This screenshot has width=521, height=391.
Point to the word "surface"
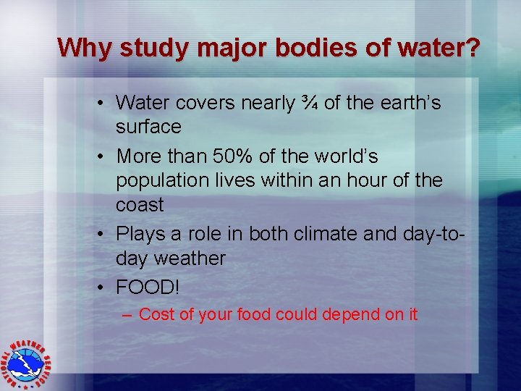point(148,127)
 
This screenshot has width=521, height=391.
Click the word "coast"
point(140,205)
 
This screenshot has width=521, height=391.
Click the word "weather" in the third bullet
point(192,258)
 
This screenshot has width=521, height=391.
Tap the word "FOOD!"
point(147,287)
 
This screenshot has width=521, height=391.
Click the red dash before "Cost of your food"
point(127,315)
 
